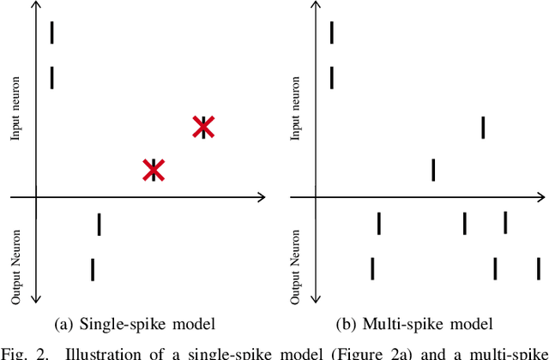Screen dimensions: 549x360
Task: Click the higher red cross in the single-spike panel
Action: (202, 127)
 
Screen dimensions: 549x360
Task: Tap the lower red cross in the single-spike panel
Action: (154, 170)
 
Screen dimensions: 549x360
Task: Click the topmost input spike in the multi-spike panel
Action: (332, 33)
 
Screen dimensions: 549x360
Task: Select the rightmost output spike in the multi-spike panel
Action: (539, 268)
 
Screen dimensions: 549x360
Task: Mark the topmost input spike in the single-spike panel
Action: (51, 33)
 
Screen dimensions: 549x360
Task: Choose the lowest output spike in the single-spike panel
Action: (93, 269)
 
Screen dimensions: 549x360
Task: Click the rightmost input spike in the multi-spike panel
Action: (483, 127)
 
